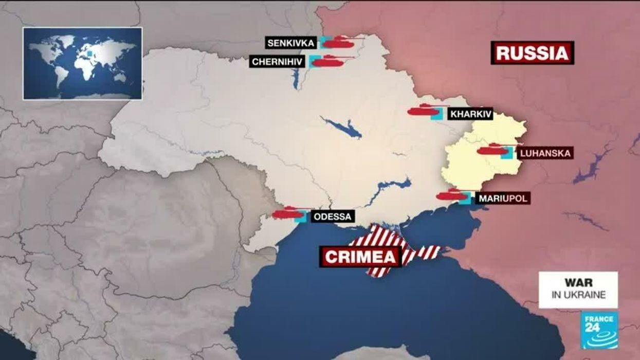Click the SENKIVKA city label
(x=290, y=43)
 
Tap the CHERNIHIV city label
(x=278, y=62)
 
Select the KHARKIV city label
(x=470, y=114)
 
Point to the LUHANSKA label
(x=544, y=153)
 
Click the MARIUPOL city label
(x=502, y=198)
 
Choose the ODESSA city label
(x=332, y=217)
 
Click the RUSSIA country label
(x=532, y=53)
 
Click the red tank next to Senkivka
(x=339, y=42)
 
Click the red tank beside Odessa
(x=287, y=212)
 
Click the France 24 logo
(x=599, y=330)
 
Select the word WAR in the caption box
(x=578, y=283)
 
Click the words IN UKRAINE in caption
(x=578, y=295)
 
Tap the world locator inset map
(x=82, y=63)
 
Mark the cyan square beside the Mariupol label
(x=465, y=198)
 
